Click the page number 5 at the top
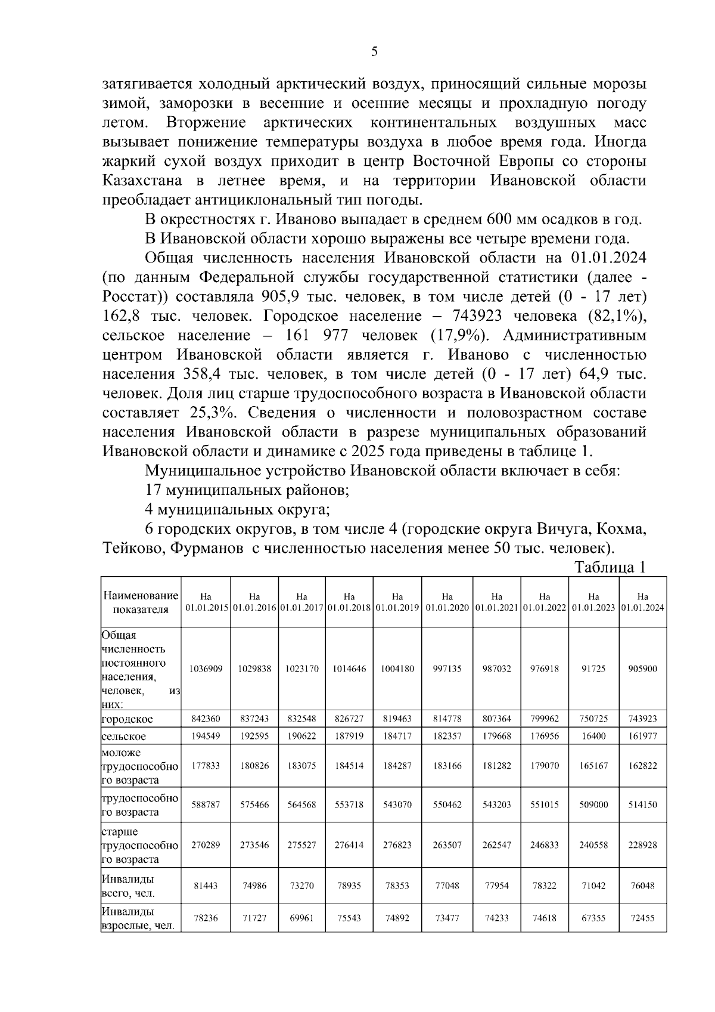[374, 52]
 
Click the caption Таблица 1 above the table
[610, 567]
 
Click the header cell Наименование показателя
[141, 602]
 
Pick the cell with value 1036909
[206, 669]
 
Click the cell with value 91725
[593, 669]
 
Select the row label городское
[127, 719]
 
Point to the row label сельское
[124, 736]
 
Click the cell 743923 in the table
[642, 719]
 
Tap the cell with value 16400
[593, 736]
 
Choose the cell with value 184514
[349, 765]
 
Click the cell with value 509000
[593, 804]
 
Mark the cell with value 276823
[397, 844]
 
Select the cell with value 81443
[206, 886]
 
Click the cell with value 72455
[642, 918]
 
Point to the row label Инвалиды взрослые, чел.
[138, 918]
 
